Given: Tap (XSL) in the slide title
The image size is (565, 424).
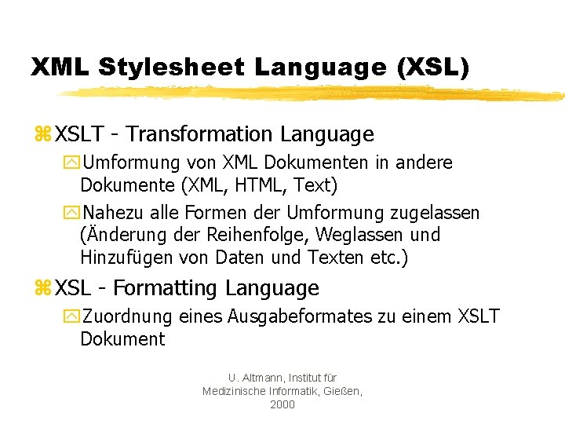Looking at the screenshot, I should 433,67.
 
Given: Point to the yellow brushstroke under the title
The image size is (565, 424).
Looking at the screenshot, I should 314,93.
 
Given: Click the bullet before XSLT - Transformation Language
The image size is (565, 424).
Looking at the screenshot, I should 42,136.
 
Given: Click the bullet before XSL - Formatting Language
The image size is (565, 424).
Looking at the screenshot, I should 42,289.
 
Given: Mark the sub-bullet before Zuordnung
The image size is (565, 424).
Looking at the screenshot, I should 73,317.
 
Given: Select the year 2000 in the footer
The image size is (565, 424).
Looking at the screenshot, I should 282,404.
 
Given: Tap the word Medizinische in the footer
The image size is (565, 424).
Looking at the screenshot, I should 234,391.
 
